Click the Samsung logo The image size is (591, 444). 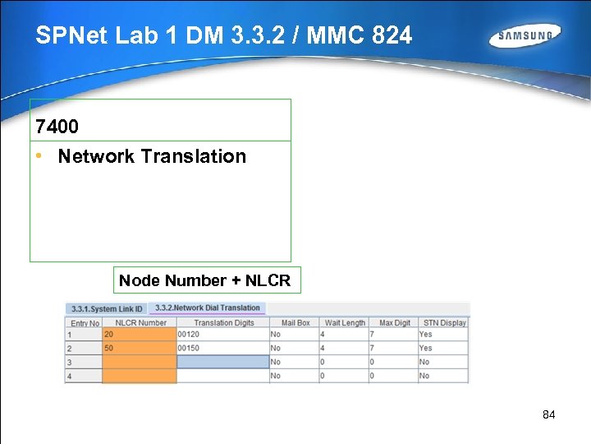point(525,36)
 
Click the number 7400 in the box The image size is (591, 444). point(57,127)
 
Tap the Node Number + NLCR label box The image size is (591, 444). point(204,280)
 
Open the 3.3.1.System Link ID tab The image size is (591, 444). point(107,309)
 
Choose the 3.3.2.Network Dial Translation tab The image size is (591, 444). point(207,308)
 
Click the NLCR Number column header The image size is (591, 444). point(140,322)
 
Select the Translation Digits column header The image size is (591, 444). point(223,322)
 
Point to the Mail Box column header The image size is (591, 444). point(295,322)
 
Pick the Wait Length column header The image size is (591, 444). point(344,322)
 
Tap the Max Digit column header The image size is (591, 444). point(393,322)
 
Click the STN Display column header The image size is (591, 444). point(443,322)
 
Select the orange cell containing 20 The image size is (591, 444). point(140,335)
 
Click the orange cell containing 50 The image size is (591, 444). point(140,348)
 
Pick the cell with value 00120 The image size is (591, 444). point(223,335)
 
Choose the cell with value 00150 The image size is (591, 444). point(223,348)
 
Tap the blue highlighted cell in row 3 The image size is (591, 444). point(223,362)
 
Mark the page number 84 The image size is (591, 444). point(549,415)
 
